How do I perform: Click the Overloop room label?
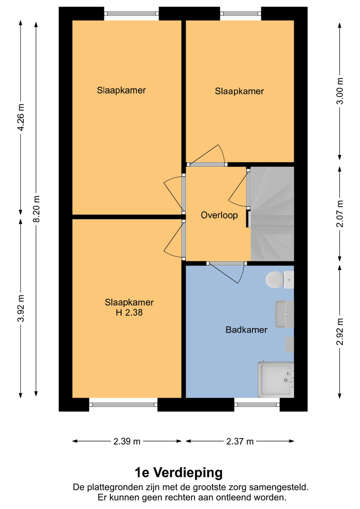point(219,215)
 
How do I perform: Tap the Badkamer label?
point(247,330)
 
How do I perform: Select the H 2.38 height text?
point(129,313)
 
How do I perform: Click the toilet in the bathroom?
point(279,280)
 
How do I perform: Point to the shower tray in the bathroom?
point(276,380)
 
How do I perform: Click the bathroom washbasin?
point(285,314)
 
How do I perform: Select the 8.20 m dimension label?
point(37,209)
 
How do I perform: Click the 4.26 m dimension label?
point(21,117)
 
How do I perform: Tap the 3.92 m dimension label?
point(21,308)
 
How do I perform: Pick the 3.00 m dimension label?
point(340,91)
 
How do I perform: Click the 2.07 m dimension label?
point(340,214)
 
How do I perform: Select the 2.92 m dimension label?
point(340,332)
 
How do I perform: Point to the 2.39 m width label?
point(127,441)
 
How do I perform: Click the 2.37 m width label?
point(240,441)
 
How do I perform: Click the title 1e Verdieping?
point(179,472)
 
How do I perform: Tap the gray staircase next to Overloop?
point(273,214)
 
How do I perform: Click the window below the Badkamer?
point(257,405)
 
